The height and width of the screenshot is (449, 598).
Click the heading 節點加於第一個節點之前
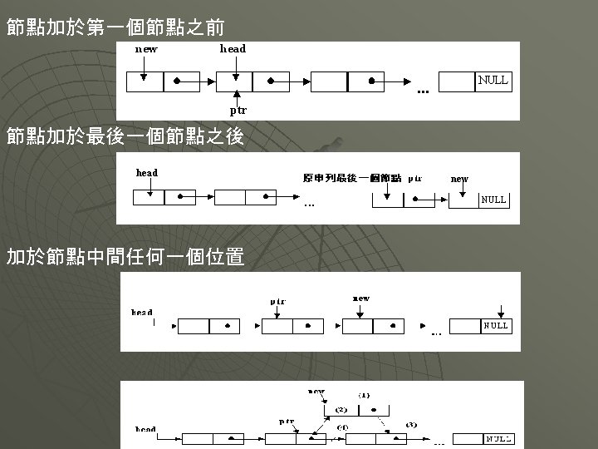click(115, 27)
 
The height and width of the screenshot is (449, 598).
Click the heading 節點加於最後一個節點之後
click(125, 136)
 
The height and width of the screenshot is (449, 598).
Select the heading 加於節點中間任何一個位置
click(125, 257)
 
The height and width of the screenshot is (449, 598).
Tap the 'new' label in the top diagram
click(146, 49)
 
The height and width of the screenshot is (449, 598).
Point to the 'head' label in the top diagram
click(233, 49)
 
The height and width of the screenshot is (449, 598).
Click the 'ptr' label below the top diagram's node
click(238, 110)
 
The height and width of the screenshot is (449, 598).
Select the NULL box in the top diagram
click(493, 81)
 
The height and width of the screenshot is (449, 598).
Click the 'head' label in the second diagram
click(146, 173)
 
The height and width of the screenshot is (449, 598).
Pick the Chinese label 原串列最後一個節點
click(352, 178)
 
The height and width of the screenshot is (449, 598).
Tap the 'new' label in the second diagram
click(459, 178)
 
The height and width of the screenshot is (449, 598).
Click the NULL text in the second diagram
click(493, 200)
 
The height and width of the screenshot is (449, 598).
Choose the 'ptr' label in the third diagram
click(277, 301)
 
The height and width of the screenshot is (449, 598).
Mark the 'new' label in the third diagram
click(361, 298)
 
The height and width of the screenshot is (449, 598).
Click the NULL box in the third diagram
click(496, 326)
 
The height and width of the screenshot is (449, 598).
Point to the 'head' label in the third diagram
click(142, 313)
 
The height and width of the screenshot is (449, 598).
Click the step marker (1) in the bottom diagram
click(364, 394)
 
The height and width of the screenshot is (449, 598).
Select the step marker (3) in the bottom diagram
click(410, 424)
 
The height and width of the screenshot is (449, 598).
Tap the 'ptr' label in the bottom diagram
click(287, 422)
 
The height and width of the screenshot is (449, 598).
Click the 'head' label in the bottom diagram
click(145, 429)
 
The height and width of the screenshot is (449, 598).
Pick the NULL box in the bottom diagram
click(498, 437)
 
